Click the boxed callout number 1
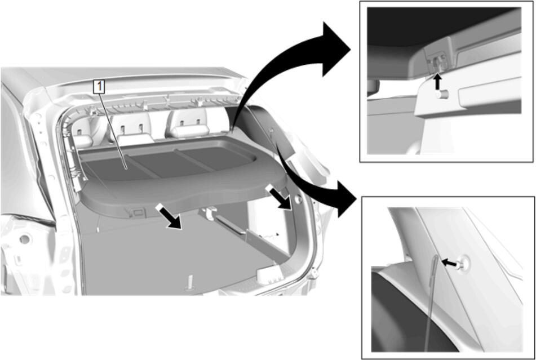(x=99, y=87)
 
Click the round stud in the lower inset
(x=462, y=264)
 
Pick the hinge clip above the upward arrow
(x=435, y=61)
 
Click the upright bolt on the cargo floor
(x=190, y=283)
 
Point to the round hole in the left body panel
(x=24, y=239)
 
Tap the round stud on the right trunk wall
(x=298, y=199)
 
